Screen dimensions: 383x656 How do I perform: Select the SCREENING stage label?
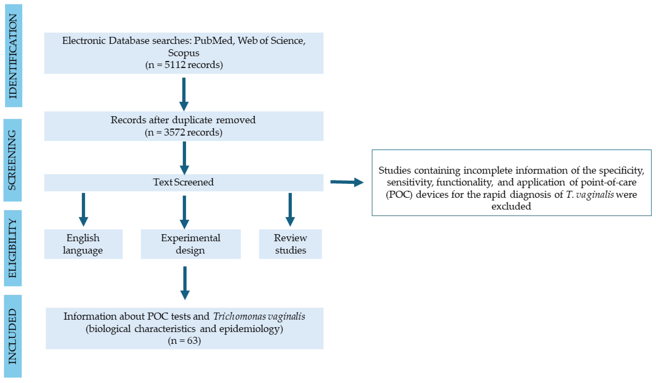tap(12, 160)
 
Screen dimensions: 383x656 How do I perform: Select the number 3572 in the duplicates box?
tap(174, 132)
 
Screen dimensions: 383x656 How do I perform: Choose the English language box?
tap(83, 244)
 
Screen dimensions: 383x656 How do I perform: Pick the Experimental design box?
tap(191, 244)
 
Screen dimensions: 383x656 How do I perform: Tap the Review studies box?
tap(290, 244)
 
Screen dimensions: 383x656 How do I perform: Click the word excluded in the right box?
tap(511, 206)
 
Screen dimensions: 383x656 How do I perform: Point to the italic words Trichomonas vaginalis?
tap(259, 316)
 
